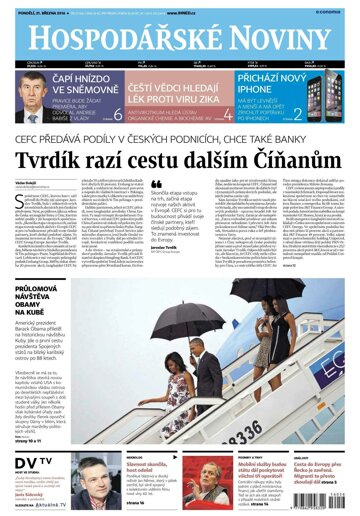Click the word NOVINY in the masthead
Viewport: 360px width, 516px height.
280,38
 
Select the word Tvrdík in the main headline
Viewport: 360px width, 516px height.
67,162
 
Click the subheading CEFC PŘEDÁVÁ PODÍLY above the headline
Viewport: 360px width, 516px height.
180,141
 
